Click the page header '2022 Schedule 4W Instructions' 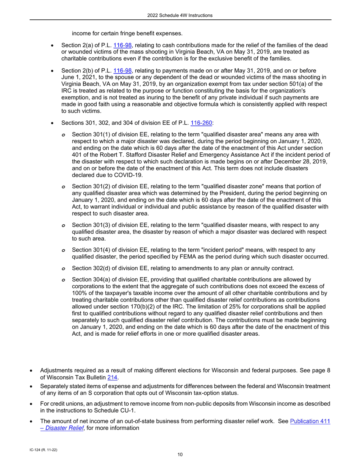click(x=180, y=15)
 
